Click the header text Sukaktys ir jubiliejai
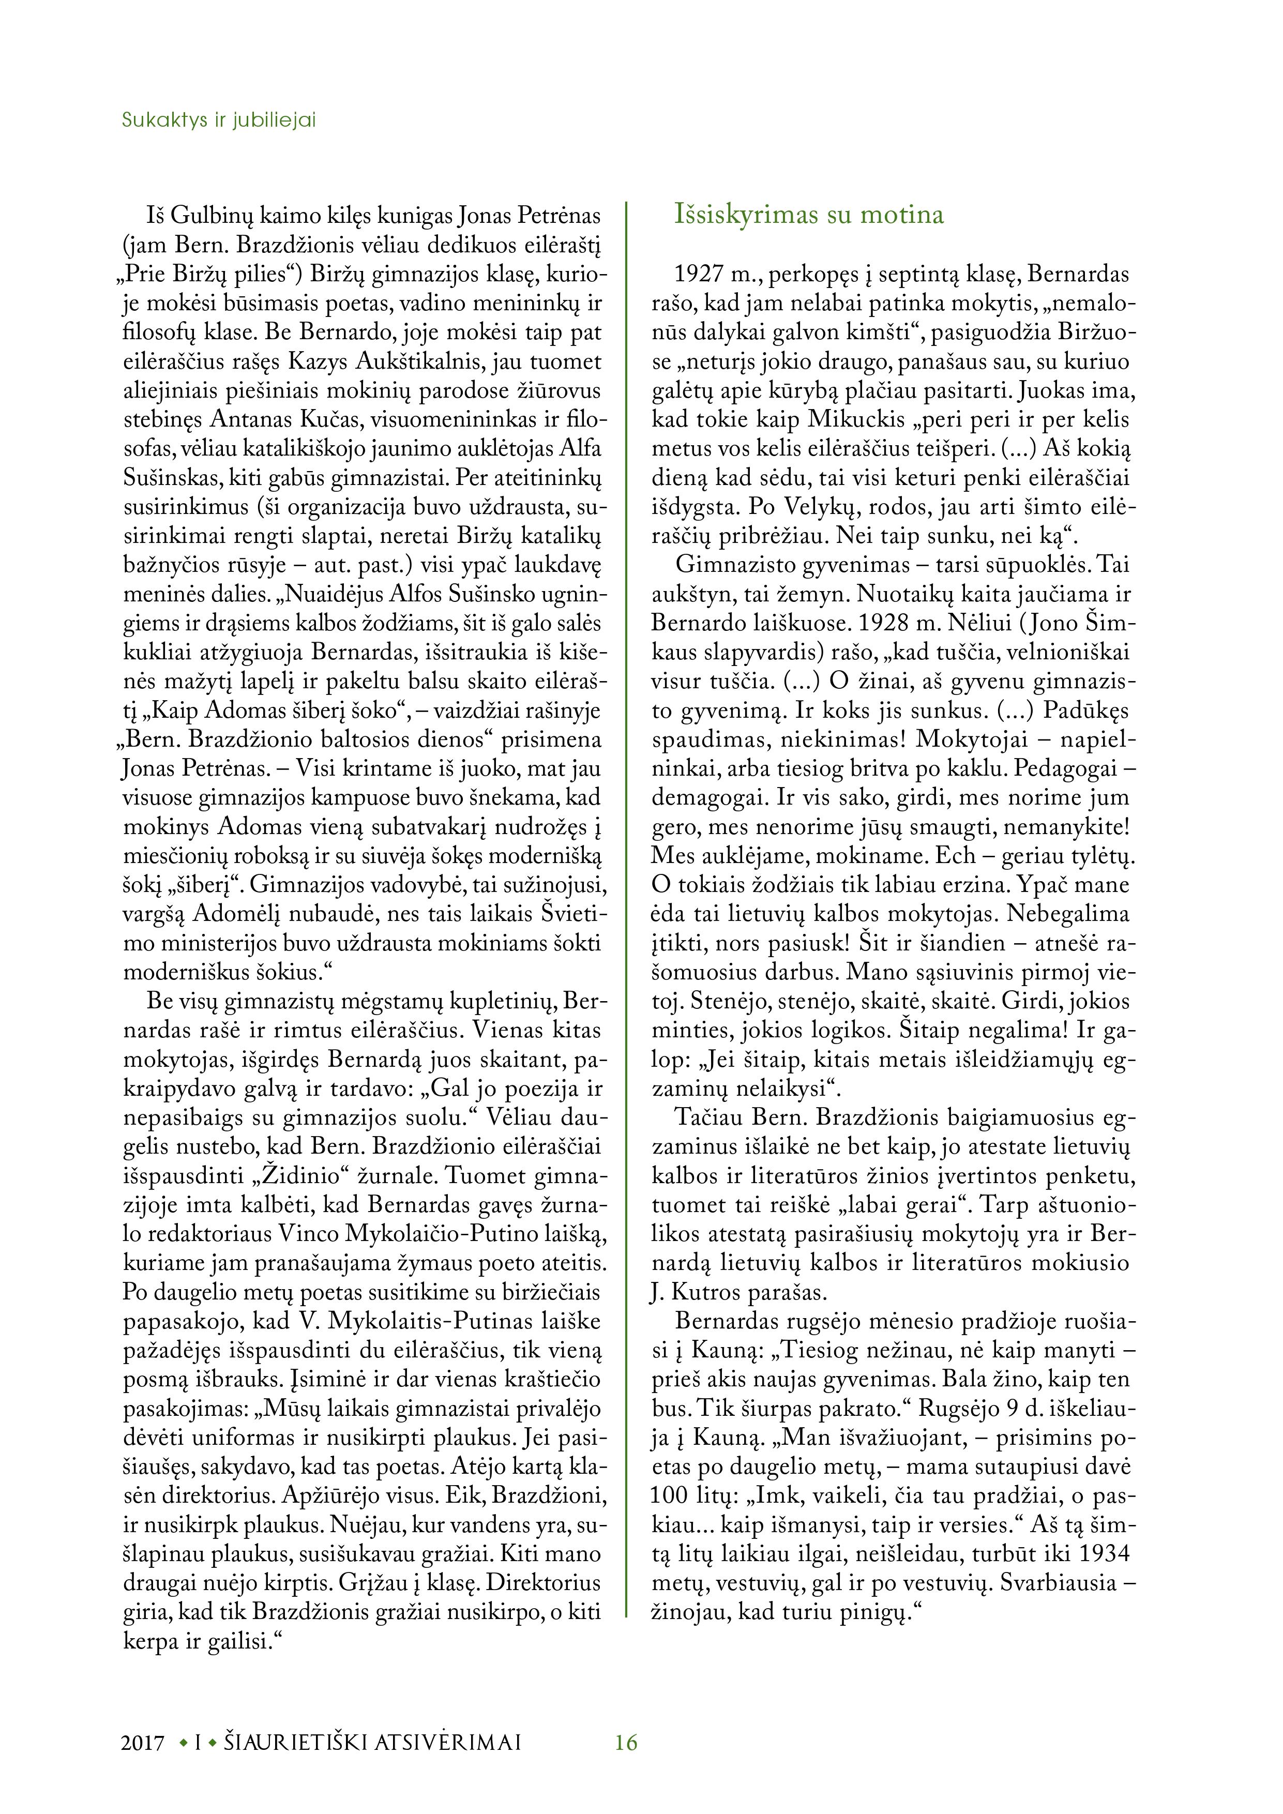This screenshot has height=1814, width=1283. pos(219,121)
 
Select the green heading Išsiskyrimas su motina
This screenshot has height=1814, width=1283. pos(809,215)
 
